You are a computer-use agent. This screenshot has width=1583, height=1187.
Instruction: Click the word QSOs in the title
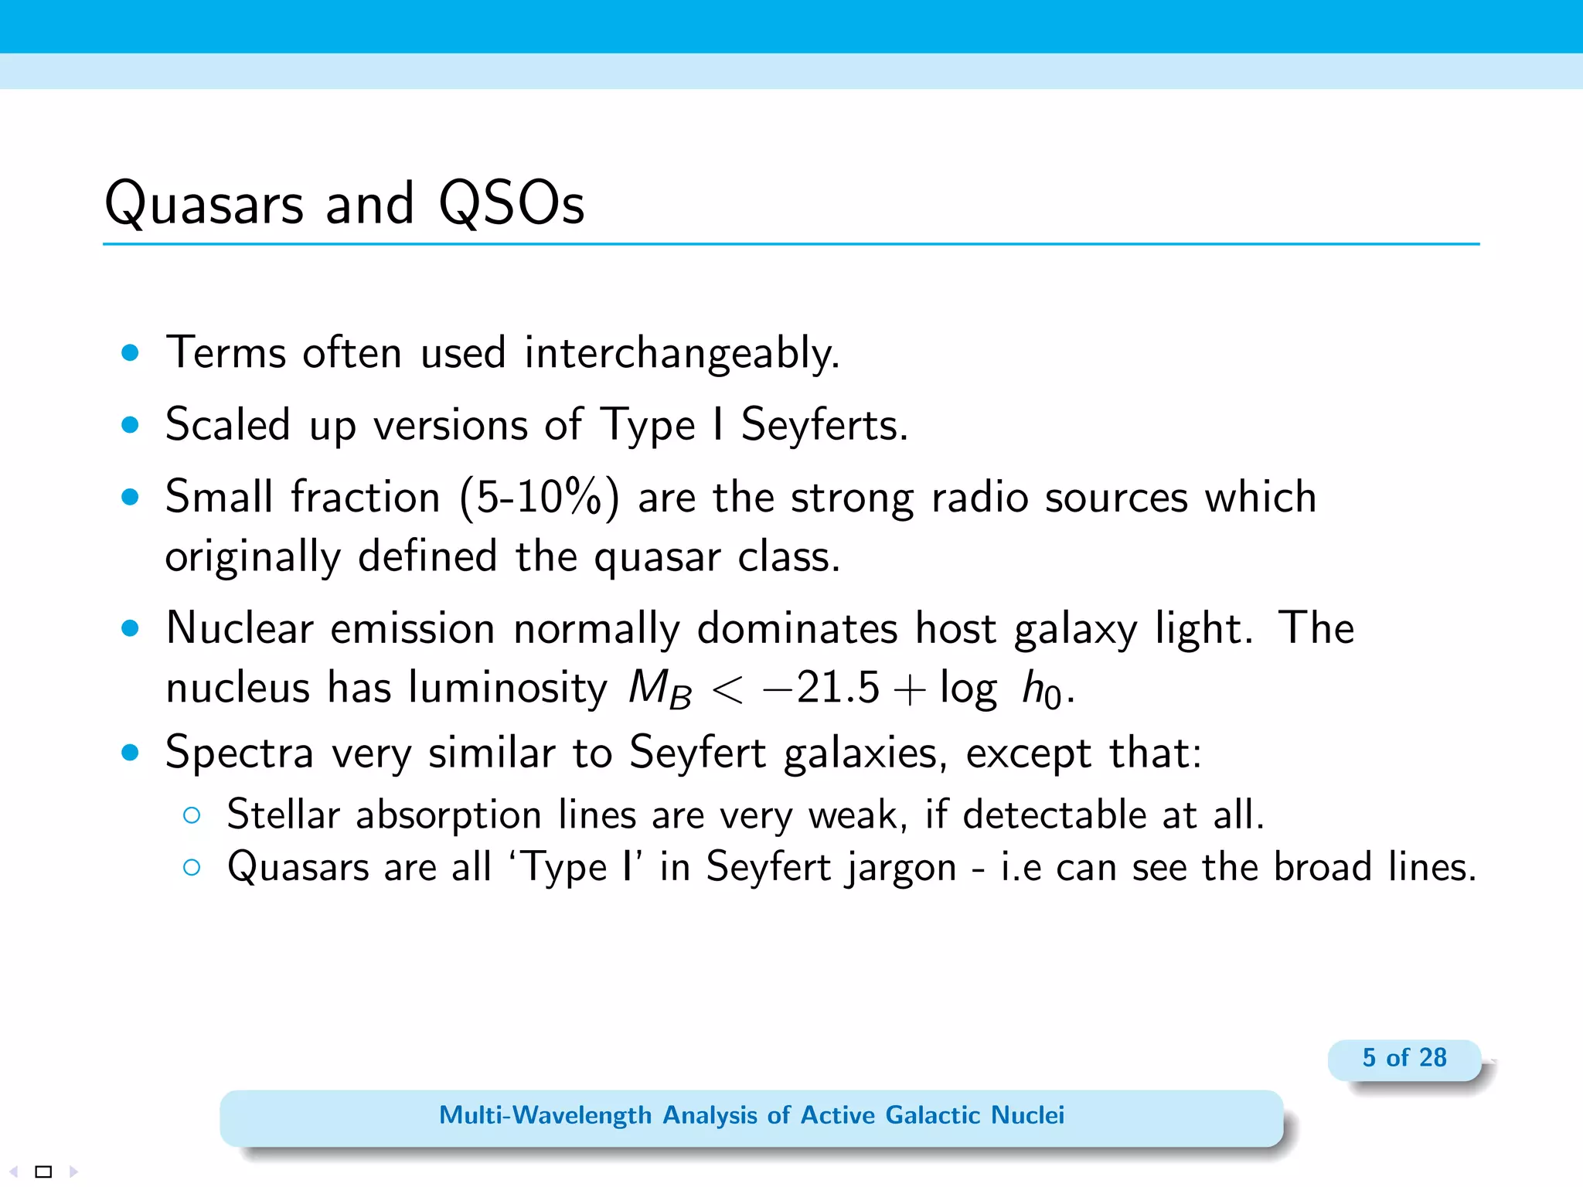point(511,204)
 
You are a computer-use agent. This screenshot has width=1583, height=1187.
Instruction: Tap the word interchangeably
point(682,354)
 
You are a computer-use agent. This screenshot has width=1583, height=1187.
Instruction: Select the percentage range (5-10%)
point(540,497)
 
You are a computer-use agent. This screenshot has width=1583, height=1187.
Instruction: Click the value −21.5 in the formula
point(821,688)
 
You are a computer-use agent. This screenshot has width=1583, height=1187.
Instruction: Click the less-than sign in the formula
point(727,689)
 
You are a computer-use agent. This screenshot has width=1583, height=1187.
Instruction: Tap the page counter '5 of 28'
point(1404,1058)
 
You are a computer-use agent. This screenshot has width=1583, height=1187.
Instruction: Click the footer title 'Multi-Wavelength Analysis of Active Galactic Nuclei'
point(751,1115)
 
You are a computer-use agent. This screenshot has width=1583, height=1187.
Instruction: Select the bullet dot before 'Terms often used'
point(130,353)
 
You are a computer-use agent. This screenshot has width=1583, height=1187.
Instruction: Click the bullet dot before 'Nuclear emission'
point(130,628)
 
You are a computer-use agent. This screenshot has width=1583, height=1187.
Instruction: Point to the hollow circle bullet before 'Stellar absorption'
point(192,815)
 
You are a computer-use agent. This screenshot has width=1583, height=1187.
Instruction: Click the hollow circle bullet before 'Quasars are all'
point(192,867)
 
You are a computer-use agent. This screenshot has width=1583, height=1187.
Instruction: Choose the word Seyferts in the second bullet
point(824,425)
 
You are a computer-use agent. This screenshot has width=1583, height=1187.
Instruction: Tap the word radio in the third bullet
point(979,497)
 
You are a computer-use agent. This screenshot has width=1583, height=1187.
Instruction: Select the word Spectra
point(240,753)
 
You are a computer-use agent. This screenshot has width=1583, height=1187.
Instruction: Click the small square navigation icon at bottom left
point(44,1172)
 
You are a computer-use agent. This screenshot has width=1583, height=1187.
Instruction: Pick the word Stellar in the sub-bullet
point(283,815)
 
